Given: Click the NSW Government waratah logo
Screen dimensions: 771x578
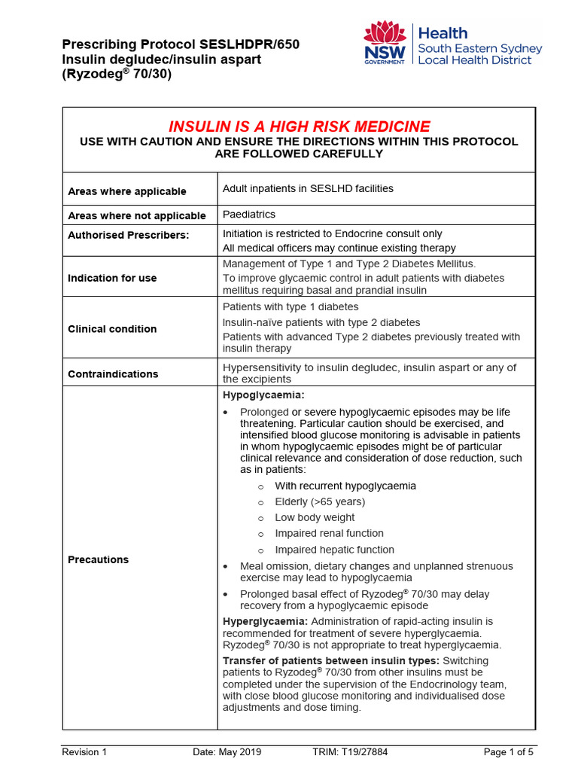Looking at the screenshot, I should coord(385,43).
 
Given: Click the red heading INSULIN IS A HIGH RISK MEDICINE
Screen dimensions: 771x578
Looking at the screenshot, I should coord(299,126).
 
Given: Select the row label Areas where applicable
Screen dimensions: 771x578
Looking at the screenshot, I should coord(127,191).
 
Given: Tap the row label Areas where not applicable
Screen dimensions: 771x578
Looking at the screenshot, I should coord(137,215).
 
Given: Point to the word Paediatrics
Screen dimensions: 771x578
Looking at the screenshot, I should coord(249,215).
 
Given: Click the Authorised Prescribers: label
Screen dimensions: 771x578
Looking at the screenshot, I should coord(129,235).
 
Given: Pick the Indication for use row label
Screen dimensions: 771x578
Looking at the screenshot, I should coord(112,278).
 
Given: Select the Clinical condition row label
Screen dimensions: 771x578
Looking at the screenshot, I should coord(112,329).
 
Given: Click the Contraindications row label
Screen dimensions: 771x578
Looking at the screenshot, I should coord(113,374).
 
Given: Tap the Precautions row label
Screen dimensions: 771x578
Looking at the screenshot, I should coord(98,559).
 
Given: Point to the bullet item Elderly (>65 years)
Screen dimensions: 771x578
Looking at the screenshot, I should coord(320,501).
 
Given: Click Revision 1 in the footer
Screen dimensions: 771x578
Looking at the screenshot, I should coord(84,751).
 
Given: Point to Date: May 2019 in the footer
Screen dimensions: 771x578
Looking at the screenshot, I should coord(225,751).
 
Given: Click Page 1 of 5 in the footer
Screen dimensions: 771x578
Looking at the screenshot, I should coord(508,751).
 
